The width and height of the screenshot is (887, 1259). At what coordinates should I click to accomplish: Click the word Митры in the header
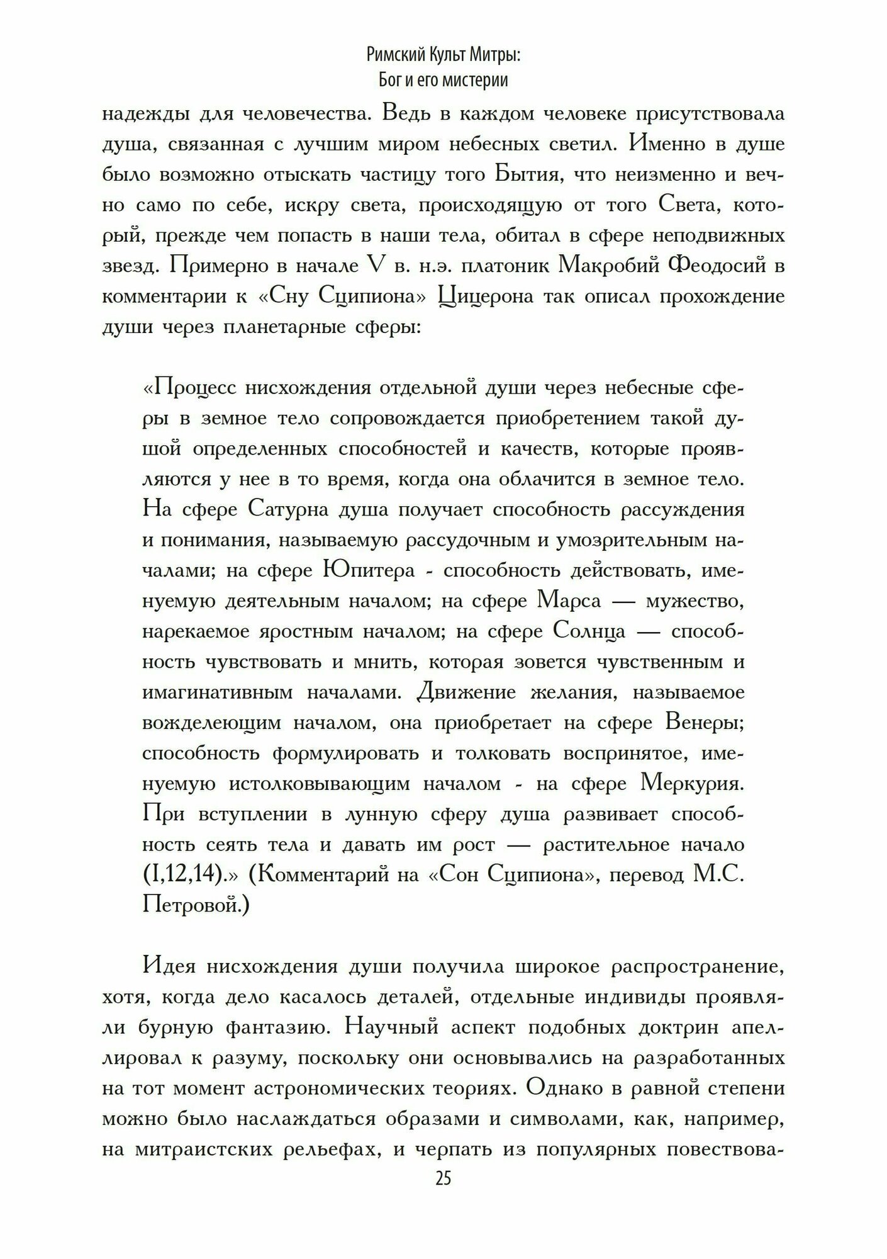click(490, 56)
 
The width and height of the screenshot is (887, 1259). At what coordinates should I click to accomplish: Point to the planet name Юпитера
click(368, 570)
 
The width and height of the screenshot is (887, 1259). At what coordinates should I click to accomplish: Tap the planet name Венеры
click(705, 723)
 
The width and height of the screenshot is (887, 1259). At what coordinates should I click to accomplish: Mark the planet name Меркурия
click(693, 784)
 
